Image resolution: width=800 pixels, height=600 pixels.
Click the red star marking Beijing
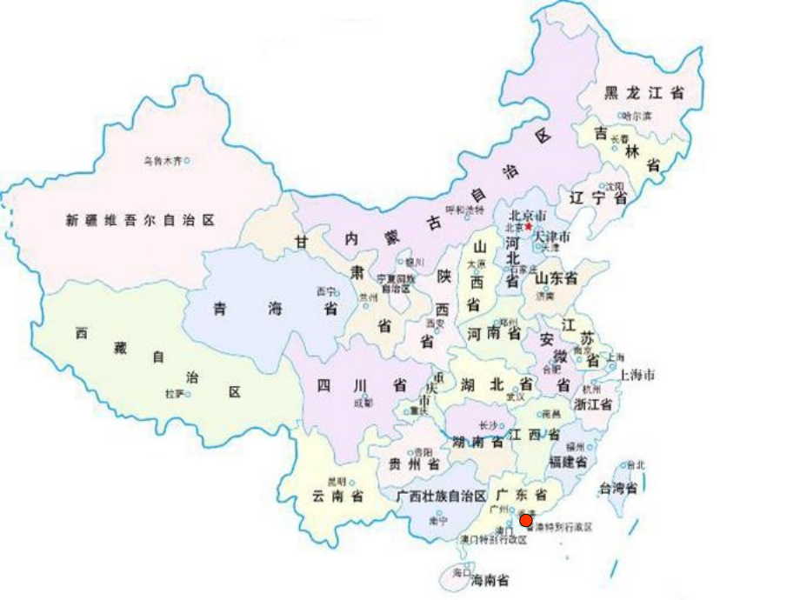(527, 227)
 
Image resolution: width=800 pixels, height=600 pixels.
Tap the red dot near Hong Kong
(525, 521)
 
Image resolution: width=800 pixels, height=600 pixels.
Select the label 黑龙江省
(643, 93)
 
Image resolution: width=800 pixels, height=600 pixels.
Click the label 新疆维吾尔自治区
(140, 221)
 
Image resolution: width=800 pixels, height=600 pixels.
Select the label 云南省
(337, 497)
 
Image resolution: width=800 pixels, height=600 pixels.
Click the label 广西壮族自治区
(440, 495)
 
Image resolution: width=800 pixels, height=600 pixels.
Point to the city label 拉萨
(174, 394)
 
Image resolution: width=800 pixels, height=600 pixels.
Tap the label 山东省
(556, 278)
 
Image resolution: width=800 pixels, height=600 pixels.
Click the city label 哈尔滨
(639, 116)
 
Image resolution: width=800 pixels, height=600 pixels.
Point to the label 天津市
(551, 237)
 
